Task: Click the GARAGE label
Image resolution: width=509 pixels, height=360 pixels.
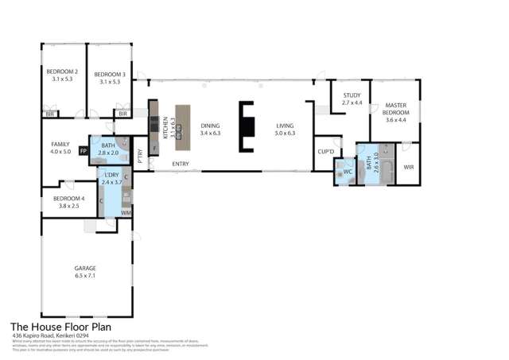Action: click(x=85, y=270)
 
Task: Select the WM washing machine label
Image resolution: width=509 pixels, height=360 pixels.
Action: click(x=126, y=212)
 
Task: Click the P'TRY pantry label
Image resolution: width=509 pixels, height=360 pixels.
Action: click(x=140, y=157)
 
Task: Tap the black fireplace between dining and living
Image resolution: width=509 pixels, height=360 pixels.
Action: click(x=247, y=129)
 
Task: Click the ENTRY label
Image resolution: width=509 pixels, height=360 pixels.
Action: click(x=181, y=164)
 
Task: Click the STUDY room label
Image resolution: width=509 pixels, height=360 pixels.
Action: click(x=352, y=99)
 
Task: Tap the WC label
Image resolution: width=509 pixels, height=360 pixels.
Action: click(x=348, y=171)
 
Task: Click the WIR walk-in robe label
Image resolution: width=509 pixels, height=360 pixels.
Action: click(x=409, y=167)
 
